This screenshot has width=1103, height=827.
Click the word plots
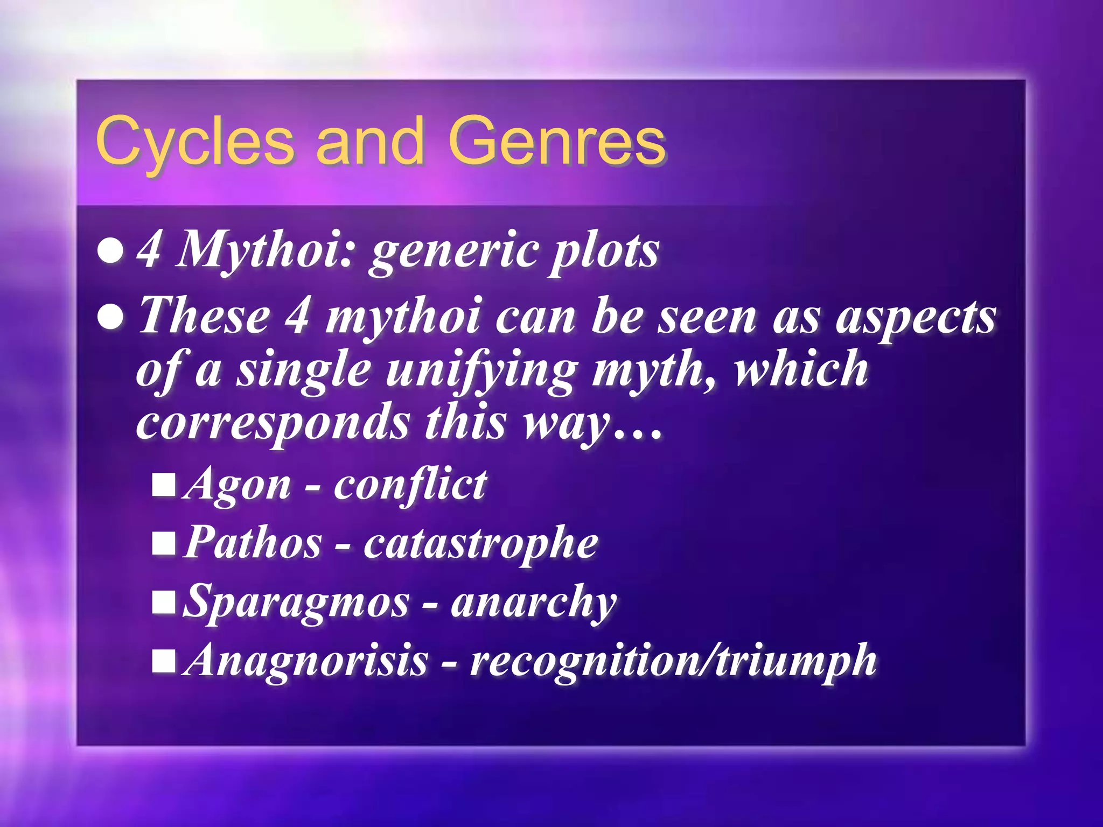tap(603, 251)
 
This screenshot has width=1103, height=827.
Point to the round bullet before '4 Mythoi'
tap(111, 251)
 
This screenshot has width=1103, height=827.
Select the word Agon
tap(238, 485)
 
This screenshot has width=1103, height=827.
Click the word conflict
tap(410, 485)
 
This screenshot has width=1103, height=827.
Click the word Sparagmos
tap(296, 602)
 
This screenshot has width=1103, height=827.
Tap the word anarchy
tap(533, 602)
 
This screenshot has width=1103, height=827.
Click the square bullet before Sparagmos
tap(164, 602)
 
